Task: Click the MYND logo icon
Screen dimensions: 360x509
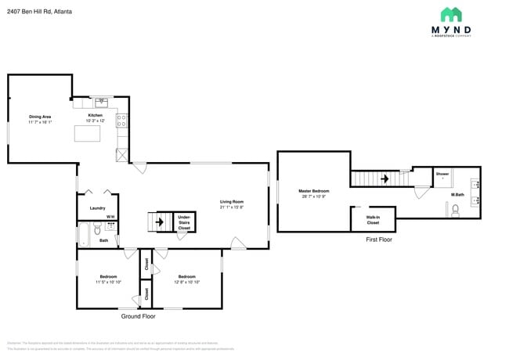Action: [450, 14]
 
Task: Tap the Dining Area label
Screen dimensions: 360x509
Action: [40, 117]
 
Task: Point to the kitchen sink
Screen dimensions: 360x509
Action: [102, 102]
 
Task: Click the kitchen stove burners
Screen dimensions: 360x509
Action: [121, 121]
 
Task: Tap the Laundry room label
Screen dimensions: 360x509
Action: [97, 208]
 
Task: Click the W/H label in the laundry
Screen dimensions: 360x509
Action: [110, 217]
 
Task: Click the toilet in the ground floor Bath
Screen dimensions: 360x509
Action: [97, 229]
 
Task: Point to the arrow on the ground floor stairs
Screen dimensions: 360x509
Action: [161, 222]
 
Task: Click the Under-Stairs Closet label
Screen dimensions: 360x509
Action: [184, 222]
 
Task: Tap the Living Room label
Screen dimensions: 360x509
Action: [232, 204]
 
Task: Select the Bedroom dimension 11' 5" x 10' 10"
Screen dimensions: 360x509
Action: [108, 281]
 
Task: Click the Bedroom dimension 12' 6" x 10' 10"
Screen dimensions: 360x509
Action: [186, 281]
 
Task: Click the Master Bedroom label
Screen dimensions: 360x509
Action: [313, 191]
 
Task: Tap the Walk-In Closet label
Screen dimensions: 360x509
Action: [373, 220]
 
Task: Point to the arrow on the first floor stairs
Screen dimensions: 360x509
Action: [384, 178]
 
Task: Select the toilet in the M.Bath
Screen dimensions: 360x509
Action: [454, 210]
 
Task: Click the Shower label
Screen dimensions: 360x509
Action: [442, 173]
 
